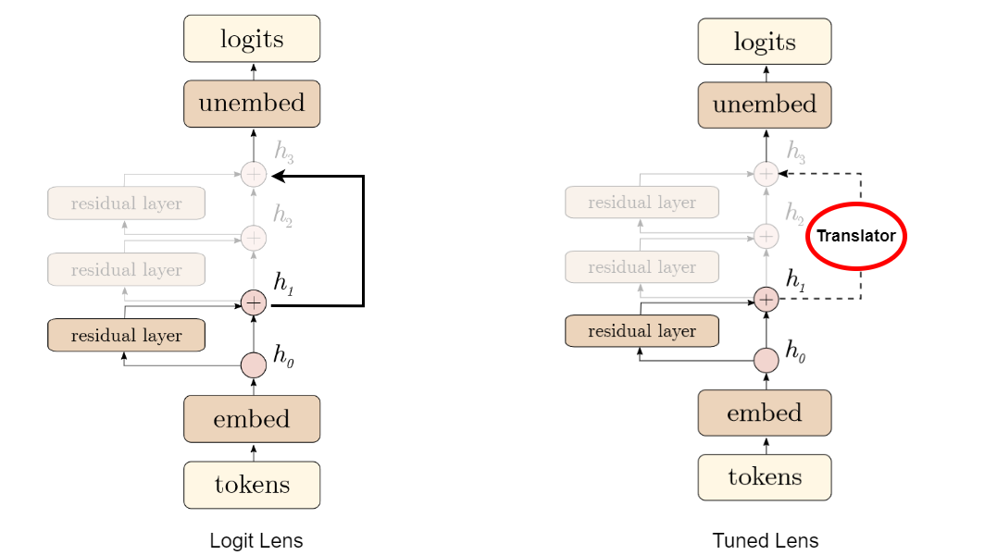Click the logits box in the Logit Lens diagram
pos(252,39)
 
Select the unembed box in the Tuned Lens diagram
pos(765,105)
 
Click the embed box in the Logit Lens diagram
pos(252,419)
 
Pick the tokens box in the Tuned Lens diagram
pos(765,477)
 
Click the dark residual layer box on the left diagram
pos(126,335)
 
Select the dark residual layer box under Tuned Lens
pos(642,331)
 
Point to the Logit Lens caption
pos(256,540)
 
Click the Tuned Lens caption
pos(765,540)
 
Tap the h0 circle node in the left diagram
pos(254,364)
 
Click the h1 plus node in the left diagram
pos(254,303)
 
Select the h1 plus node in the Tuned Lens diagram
pos(766,300)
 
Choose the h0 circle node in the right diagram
pos(766,361)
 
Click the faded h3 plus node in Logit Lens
pos(254,174)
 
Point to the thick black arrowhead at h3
pos(280,177)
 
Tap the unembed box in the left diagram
pos(252,104)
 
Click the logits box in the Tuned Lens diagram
pos(765,42)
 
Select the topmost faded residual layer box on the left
pos(126,203)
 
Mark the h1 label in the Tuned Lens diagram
pos(795,279)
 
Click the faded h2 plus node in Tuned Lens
pos(766,236)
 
